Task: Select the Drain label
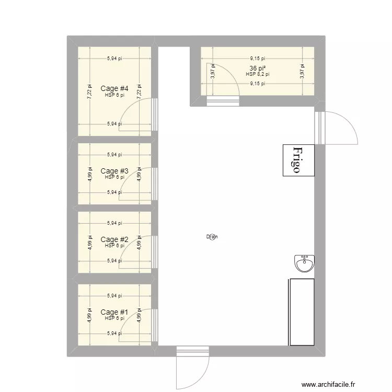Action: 211,237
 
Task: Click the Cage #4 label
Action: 114,88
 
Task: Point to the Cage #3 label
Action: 114,171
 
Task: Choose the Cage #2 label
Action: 114,239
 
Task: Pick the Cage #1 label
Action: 114,312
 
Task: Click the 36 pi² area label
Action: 258,68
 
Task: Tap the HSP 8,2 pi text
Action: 258,75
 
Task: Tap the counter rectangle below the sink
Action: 302,312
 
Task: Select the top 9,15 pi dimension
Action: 258,59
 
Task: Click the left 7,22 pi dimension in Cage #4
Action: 89,92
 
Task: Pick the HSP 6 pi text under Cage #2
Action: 114,246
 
